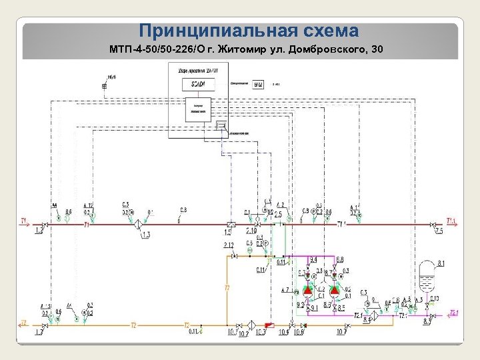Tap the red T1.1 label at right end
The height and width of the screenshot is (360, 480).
[x=452, y=221]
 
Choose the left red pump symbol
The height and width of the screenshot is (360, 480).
[x=308, y=290]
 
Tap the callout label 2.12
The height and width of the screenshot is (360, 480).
[x=229, y=245]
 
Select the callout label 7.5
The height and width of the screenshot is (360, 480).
[x=438, y=231]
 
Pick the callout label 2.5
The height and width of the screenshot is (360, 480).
[x=277, y=214]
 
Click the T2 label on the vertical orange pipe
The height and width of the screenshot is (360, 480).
[x=227, y=288]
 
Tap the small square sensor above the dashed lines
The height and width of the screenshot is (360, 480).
[x=104, y=87]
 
